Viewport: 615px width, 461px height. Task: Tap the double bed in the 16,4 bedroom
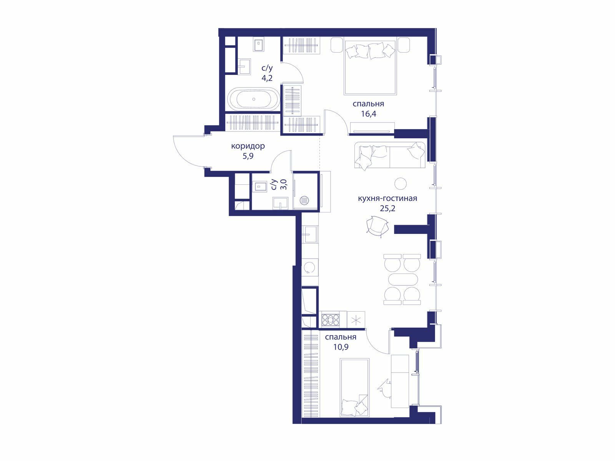pos(370,67)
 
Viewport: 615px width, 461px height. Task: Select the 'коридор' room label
pos(248,146)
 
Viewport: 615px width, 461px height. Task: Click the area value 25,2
pos(387,208)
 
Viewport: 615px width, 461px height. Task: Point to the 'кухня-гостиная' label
pos(387,198)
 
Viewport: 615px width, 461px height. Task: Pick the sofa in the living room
pos(390,155)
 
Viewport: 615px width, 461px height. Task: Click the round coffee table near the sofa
pos(401,184)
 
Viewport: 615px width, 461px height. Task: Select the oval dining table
pos(402,279)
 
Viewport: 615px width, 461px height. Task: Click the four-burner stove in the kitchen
pos(331,320)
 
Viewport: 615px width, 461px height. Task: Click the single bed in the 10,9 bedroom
pos(354,388)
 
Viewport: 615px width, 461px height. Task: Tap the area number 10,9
pos(341,347)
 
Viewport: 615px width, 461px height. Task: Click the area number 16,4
pos(369,114)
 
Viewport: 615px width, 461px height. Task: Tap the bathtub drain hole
pos(254,99)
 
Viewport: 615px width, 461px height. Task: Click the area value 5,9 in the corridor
pos(248,156)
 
